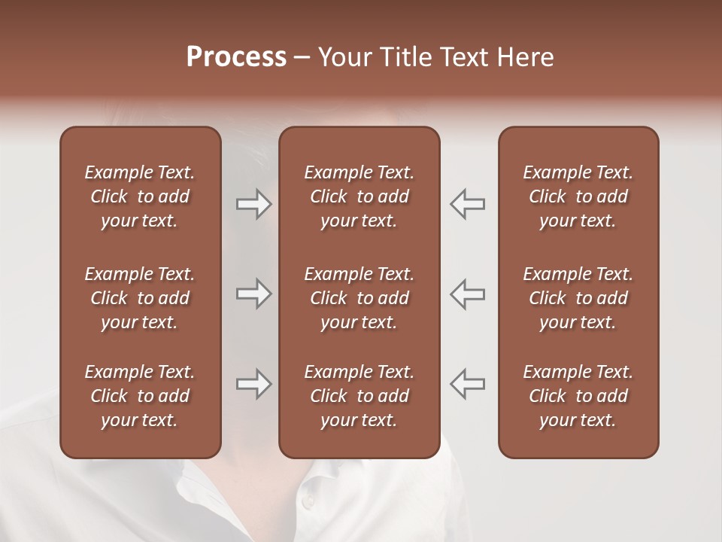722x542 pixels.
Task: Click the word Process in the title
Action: coord(236,57)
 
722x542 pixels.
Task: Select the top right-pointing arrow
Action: coord(253,204)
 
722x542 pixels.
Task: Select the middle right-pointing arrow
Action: coord(253,294)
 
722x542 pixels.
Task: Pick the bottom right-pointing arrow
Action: coord(253,385)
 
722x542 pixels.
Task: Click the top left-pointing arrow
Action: coord(468,204)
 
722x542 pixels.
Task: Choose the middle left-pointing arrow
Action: coord(468,294)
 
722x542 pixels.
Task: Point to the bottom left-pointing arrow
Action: coord(468,385)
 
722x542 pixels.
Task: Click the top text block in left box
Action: coord(140,196)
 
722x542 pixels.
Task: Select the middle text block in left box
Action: coord(140,298)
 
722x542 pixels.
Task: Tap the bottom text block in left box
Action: coord(140,396)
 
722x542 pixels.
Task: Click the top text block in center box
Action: coord(359,196)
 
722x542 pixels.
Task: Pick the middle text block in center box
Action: coord(359,298)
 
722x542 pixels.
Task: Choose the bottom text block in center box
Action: coord(359,396)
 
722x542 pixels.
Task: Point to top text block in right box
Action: coord(578,196)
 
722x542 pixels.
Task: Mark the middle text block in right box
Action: coord(578,298)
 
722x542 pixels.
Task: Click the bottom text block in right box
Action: coord(578,396)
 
